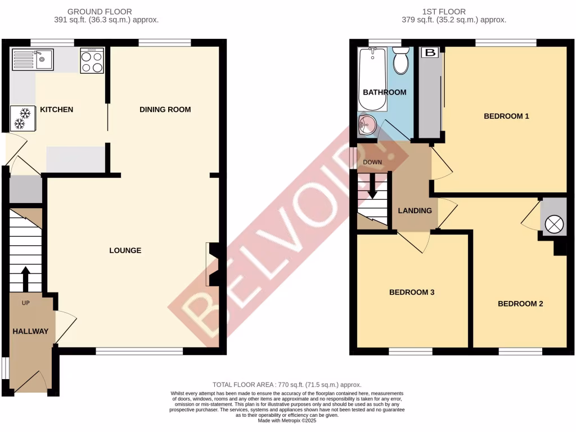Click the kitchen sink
point(31,59)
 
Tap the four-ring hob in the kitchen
point(92,61)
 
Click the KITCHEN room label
point(56,109)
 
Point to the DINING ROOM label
point(165,109)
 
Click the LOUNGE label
point(125,250)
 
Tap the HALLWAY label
point(30,331)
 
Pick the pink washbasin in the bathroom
point(367,124)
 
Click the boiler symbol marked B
point(430,53)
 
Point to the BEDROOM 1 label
point(507,116)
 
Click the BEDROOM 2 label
point(520,304)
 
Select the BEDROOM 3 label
point(412,292)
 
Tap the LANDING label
point(415,211)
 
